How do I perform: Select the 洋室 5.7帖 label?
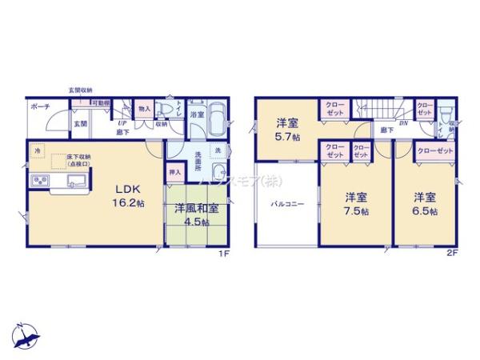click(287, 128)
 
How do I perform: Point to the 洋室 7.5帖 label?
click(356, 204)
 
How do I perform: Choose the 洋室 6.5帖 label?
click(425, 204)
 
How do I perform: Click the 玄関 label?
click(81, 124)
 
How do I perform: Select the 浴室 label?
click(197, 114)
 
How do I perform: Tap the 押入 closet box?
click(174, 171)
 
